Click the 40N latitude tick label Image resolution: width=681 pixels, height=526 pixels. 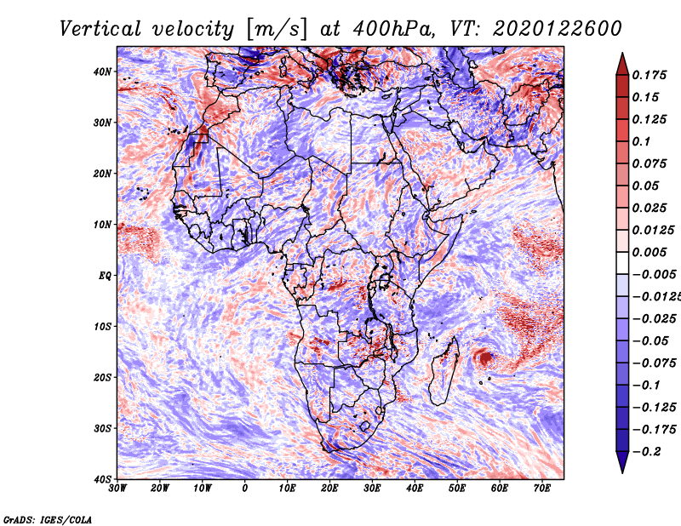[x=102, y=71]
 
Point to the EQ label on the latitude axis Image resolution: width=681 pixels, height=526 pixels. [x=105, y=276]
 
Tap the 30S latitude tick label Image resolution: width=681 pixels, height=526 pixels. [x=102, y=428]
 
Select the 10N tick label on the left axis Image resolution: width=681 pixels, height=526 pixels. [x=102, y=225]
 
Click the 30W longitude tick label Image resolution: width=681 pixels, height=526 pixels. [x=117, y=489]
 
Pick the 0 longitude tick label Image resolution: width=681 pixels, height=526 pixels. [x=245, y=489]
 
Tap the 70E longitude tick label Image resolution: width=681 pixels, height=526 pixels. [x=541, y=489]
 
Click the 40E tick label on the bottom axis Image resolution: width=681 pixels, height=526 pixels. [x=415, y=489]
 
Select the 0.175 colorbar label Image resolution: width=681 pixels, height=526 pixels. [x=650, y=75]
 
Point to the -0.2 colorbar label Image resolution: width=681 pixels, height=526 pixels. [x=647, y=451]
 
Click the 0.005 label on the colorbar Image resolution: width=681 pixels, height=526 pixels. [x=650, y=252]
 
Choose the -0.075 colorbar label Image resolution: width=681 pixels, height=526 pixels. [x=655, y=363]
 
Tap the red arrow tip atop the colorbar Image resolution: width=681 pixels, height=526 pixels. [x=622, y=54]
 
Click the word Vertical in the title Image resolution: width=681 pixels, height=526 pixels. [x=100, y=29]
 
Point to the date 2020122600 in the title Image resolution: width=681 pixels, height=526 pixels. [x=558, y=29]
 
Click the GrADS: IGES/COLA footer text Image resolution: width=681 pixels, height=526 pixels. [x=48, y=520]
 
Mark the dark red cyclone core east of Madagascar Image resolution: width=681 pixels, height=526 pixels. [x=485, y=358]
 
